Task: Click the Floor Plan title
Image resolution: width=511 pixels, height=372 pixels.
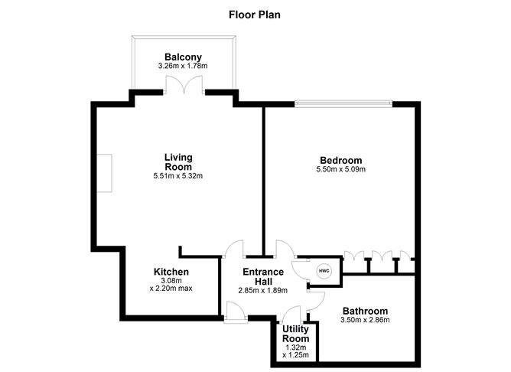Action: pyautogui.click(x=255, y=14)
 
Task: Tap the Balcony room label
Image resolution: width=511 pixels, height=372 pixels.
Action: pyautogui.click(x=184, y=57)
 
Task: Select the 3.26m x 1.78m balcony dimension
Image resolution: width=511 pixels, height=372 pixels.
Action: pyautogui.click(x=184, y=67)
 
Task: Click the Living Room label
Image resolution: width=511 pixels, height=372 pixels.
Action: pyautogui.click(x=178, y=162)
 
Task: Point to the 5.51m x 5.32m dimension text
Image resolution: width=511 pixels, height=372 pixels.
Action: pyautogui.click(x=178, y=176)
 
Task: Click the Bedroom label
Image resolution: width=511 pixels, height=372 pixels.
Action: pyautogui.click(x=340, y=160)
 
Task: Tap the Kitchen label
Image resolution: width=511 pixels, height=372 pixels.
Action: pyautogui.click(x=171, y=272)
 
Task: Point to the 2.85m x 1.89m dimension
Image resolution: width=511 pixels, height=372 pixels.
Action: pyautogui.click(x=263, y=291)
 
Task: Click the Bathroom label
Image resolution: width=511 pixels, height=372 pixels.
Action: pyautogui.click(x=365, y=311)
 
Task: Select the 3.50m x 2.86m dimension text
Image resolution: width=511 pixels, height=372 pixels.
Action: pyautogui.click(x=365, y=320)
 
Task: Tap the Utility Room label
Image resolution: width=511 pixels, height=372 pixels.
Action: pyautogui.click(x=295, y=333)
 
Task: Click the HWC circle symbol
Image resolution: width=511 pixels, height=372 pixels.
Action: pyautogui.click(x=324, y=271)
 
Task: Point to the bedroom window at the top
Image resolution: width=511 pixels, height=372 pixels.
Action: pyautogui.click(x=344, y=103)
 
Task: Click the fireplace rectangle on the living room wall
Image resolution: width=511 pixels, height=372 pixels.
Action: pyautogui.click(x=109, y=174)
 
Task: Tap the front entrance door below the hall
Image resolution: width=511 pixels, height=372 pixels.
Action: pyautogui.click(x=234, y=312)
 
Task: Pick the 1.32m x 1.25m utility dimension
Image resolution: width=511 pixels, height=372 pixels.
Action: pyautogui.click(x=295, y=351)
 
